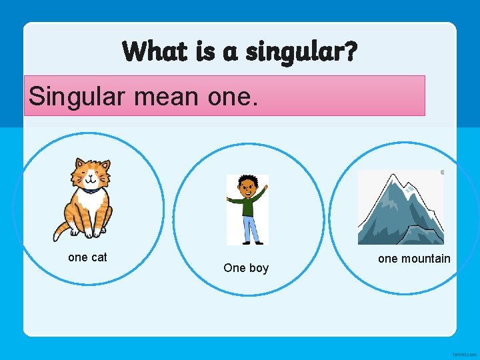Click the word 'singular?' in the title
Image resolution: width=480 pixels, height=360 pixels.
pyautogui.click(x=301, y=51)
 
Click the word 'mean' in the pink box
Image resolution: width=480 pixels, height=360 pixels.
pyautogui.click(x=167, y=96)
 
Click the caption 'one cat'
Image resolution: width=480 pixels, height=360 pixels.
pyautogui.click(x=87, y=257)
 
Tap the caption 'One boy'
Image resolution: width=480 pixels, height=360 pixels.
pyautogui.click(x=246, y=268)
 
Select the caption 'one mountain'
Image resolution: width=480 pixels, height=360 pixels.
pyautogui.click(x=414, y=259)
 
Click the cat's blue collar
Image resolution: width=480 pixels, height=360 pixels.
pyautogui.click(x=89, y=191)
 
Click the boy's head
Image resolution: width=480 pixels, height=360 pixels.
pyautogui.click(x=247, y=183)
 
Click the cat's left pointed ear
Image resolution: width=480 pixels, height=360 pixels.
pyautogui.click(x=79, y=163)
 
